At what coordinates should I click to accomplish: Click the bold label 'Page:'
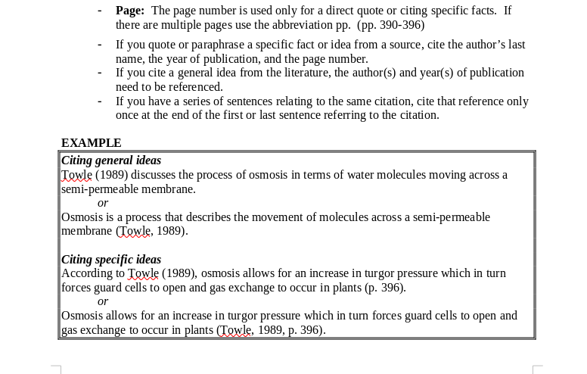pyautogui.click(x=129, y=11)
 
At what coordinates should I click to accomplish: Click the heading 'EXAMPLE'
pyautogui.click(x=91, y=142)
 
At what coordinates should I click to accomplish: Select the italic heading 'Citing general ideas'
pyautogui.click(x=111, y=161)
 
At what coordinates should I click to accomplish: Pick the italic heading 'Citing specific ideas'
pyautogui.click(x=111, y=259)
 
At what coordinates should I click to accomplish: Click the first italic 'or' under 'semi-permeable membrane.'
pyautogui.click(x=103, y=203)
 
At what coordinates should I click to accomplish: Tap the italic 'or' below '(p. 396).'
pyautogui.click(x=103, y=301)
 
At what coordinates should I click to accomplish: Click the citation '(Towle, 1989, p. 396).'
pyautogui.click(x=271, y=330)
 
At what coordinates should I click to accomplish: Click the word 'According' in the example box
pyautogui.click(x=85, y=273)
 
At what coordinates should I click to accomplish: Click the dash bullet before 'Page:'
pyautogui.click(x=99, y=11)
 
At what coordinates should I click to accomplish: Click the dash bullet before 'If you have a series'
pyautogui.click(x=99, y=101)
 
